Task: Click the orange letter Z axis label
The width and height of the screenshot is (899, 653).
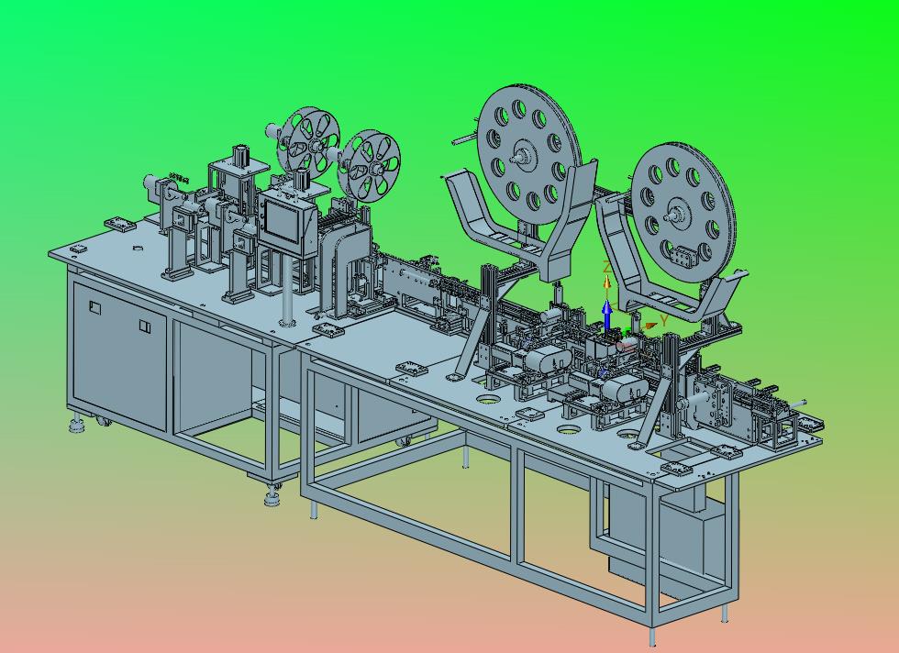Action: tap(606, 267)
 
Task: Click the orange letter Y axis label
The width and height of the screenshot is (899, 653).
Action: tap(664, 320)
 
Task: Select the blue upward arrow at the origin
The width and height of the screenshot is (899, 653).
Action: tap(607, 315)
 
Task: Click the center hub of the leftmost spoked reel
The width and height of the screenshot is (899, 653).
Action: tap(315, 145)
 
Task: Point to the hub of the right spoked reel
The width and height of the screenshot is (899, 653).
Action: tap(375, 169)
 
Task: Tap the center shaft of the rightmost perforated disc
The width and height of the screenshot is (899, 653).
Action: tap(671, 217)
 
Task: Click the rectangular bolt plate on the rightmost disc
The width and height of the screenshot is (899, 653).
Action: tap(681, 256)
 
